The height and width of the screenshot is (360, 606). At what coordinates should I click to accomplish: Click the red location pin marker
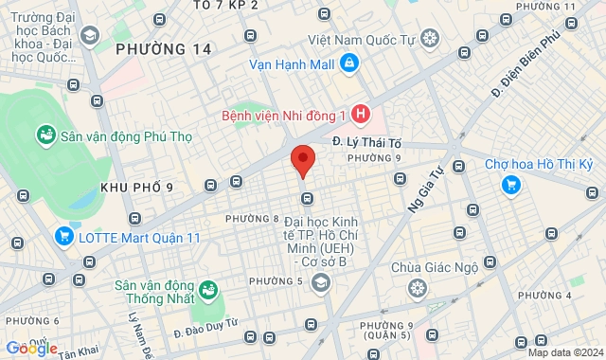click(x=302, y=160)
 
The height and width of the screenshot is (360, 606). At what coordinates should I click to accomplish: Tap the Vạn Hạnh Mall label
click(x=292, y=64)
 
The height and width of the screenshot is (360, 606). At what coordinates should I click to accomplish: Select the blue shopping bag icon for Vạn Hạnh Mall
click(x=350, y=63)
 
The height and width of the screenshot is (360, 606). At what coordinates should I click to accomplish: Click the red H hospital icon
click(x=359, y=115)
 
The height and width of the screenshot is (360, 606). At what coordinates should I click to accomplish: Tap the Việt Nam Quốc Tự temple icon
click(x=430, y=39)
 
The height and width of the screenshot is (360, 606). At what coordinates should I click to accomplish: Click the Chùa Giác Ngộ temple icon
click(x=417, y=288)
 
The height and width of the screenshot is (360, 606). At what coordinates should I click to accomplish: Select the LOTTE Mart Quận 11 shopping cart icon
click(x=64, y=236)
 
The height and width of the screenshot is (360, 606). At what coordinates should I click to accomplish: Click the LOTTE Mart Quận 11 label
click(x=140, y=237)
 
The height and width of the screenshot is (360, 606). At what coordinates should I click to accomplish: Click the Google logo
click(x=32, y=348)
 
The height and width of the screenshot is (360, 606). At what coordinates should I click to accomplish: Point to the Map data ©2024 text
click(x=563, y=352)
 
